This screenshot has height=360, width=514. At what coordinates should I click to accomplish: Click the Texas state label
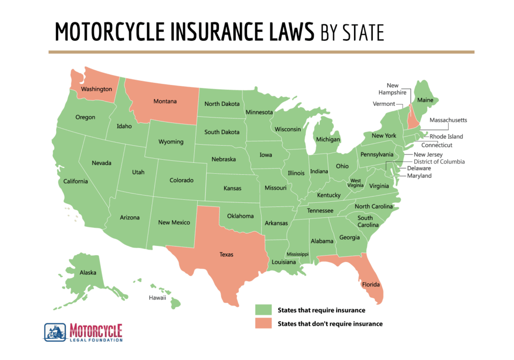(226, 254)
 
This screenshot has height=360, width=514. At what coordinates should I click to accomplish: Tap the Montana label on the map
(165, 101)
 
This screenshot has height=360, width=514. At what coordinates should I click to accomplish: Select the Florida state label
(370, 285)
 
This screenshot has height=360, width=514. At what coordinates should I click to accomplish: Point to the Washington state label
(96, 89)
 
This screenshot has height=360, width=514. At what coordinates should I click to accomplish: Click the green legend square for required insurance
(263, 310)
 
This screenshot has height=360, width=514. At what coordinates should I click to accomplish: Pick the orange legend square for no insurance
(263, 323)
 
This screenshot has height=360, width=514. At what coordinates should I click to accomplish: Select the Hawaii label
(157, 298)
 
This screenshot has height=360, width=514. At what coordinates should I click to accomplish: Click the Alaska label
(88, 273)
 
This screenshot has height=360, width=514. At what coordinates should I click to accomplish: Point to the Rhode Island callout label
(446, 137)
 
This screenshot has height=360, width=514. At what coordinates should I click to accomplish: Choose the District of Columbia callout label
(439, 162)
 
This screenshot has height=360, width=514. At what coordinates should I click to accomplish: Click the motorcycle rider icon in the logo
(55, 332)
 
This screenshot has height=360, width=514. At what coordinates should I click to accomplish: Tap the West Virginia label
(355, 183)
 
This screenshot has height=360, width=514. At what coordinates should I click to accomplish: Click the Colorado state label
(181, 180)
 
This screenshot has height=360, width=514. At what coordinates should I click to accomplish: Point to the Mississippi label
(297, 255)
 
